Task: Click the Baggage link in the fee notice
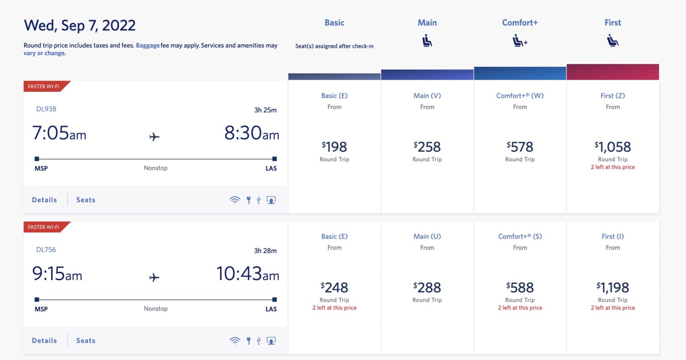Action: (x=148, y=46)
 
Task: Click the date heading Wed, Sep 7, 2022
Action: (x=80, y=25)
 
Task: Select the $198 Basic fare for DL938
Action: (x=334, y=147)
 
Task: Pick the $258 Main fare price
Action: (x=427, y=147)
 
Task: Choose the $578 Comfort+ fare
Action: (x=520, y=147)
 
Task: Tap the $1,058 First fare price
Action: (x=613, y=147)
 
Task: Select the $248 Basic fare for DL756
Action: (x=334, y=287)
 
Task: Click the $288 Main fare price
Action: (x=427, y=287)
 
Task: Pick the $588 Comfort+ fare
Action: (x=520, y=287)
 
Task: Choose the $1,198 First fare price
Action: (x=613, y=287)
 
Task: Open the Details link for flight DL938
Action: (x=44, y=200)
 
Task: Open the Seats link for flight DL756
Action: (x=86, y=341)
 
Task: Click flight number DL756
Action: (x=46, y=250)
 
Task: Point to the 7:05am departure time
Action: (x=59, y=133)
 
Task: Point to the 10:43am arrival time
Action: (x=247, y=274)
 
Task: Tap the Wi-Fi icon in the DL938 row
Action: (x=235, y=200)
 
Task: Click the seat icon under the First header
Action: (x=613, y=41)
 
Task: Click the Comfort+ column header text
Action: (x=520, y=22)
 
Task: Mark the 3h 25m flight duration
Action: (x=265, y=110)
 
